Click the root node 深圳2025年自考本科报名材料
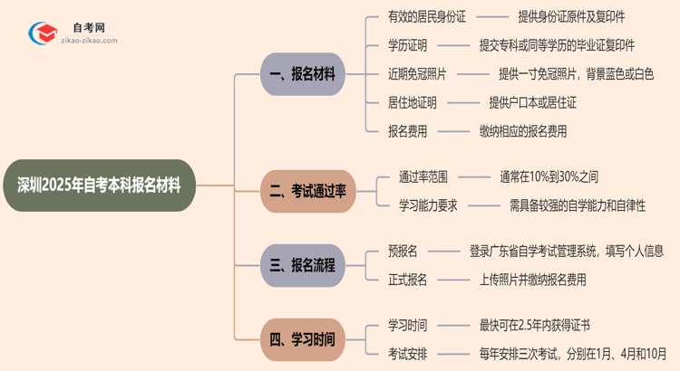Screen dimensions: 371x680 99,185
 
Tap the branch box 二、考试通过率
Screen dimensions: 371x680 308,191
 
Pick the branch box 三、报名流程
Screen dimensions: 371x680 303,265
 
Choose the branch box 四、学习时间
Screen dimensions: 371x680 303,340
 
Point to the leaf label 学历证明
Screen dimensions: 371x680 407,45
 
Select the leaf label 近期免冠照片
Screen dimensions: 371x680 418,74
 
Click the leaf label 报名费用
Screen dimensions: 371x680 407,131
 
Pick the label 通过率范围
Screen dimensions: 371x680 423,176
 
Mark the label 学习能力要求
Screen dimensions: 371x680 429,205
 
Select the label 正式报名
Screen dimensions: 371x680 407,280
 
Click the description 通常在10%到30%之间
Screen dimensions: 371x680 549,176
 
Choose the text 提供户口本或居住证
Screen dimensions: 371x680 532,102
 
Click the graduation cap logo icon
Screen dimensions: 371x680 42,33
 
